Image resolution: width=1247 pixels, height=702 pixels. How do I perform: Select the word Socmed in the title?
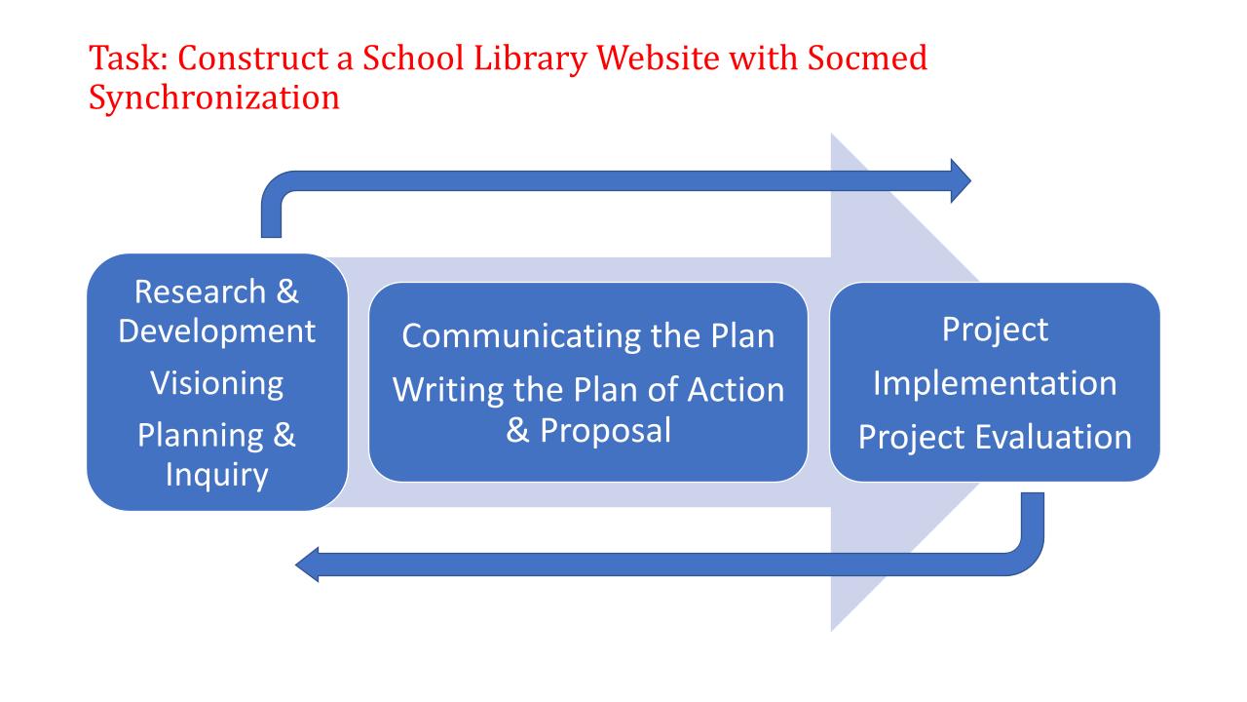pos(860,60)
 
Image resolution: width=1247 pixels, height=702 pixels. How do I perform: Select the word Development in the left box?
pos(217,331)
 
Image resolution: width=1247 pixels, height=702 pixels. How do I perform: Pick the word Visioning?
pos(216,382)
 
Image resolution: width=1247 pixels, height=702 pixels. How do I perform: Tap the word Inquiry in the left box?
pos(216,475)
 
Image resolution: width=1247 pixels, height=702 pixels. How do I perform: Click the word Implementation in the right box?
pos(994,383)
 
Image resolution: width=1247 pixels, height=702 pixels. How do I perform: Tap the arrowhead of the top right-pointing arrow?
pos(960,180)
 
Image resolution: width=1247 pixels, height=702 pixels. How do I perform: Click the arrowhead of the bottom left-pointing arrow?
pos(307,564)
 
